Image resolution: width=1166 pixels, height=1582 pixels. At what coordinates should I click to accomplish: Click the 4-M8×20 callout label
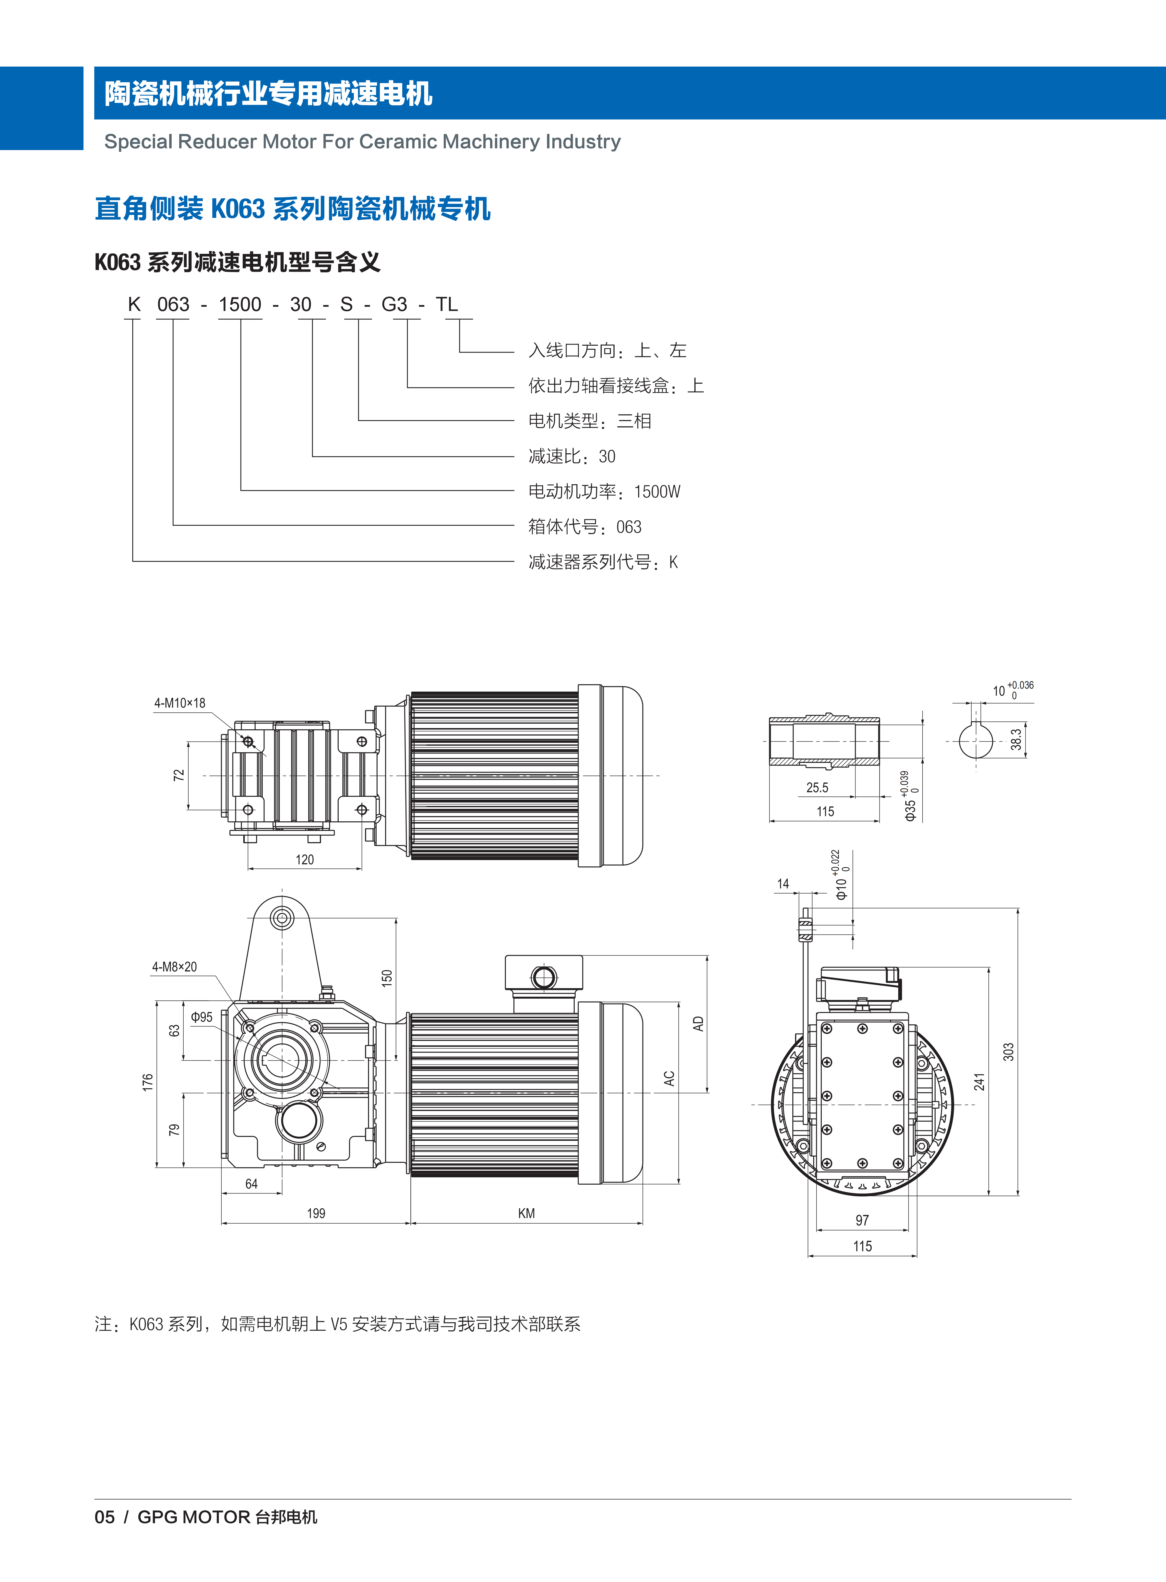(x=174, y=967)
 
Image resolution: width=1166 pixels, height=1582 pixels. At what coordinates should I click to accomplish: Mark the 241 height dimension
(x=979, y=1082)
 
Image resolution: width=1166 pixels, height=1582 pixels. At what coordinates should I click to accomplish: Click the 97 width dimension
(x=862, y=1220)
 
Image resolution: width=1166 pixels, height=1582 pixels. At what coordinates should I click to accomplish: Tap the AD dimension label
(x=698, y=1024)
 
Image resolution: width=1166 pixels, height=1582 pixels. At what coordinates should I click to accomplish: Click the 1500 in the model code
(x=240, y=304)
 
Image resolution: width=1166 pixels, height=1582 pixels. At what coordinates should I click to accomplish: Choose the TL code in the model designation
(x=447, y=304)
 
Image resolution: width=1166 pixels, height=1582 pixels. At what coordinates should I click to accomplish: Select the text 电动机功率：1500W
(x=604, y=492)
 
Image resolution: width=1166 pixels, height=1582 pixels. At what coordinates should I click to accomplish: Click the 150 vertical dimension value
(x=386, y=977)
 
